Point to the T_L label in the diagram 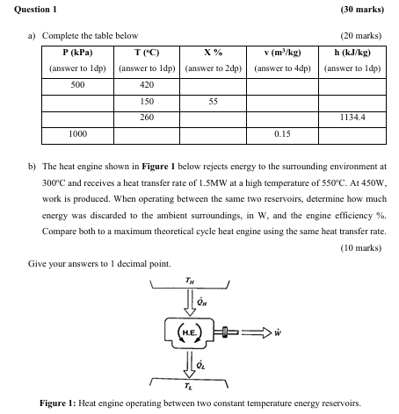point(191,389)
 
